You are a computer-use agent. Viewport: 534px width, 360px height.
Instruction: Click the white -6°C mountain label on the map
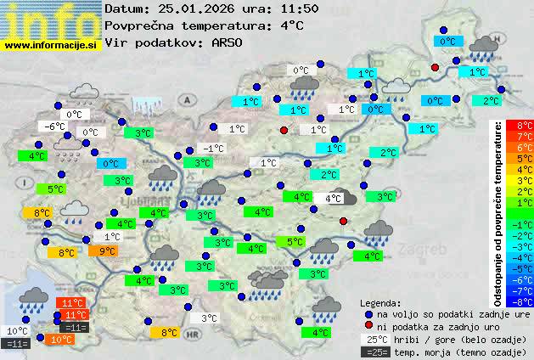pos(55,127)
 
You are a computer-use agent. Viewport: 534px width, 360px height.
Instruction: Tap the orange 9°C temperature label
pos(107,250)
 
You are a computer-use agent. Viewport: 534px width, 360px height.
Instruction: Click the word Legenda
pos(380,302)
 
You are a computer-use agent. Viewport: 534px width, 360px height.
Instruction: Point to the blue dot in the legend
pos(368,313)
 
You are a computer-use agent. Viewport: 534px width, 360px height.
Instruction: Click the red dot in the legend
pos(368,326)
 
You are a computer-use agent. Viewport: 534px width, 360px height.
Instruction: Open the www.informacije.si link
pos(51,45)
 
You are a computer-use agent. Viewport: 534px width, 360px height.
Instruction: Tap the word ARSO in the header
pos(228,42)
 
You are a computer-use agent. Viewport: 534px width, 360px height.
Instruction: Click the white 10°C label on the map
pos(16,331)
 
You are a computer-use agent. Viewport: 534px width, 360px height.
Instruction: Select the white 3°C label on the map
pos(209,318)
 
